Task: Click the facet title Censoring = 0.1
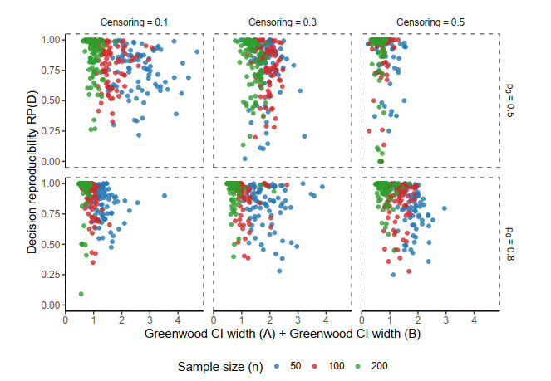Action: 134,20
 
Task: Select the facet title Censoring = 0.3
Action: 283,20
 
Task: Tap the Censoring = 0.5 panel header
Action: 430,20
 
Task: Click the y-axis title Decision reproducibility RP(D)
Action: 32,171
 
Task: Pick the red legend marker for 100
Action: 317,365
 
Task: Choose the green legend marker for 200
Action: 359,365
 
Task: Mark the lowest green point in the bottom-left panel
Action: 81,294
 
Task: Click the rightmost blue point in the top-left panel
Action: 197,51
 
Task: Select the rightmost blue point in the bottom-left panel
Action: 165,196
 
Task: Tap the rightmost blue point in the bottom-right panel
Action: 445,208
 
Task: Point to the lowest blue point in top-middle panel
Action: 244,159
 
